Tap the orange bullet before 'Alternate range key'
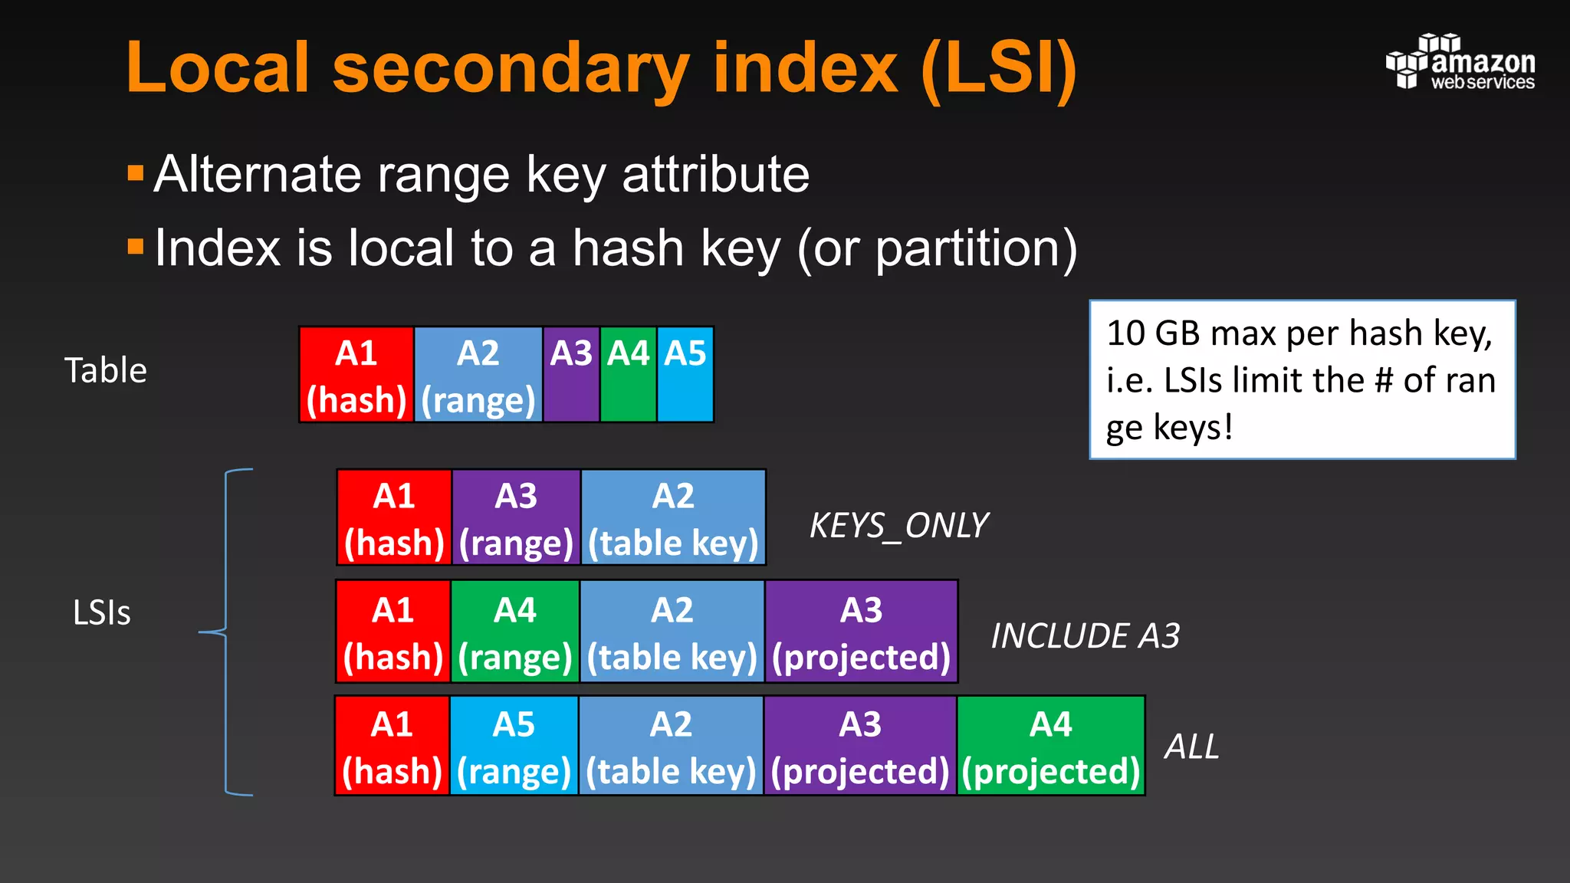coord(136,173)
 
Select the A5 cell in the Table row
coord(685,374)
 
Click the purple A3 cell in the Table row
coord(571,374)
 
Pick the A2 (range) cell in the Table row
coord(478,374)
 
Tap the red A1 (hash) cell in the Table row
coord(356,374)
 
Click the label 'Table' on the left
coord(105,370)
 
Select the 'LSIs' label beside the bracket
coord(101,612)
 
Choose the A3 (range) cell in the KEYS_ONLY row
coord(516,517)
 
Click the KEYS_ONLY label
coord(898,526)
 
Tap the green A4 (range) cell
coord(515,632)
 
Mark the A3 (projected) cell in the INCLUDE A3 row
coord(861,632)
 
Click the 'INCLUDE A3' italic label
coord(1085,636)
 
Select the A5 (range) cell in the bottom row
coord(514,746)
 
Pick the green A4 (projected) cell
coord(1050,746)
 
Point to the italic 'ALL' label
coord(1191,747)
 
